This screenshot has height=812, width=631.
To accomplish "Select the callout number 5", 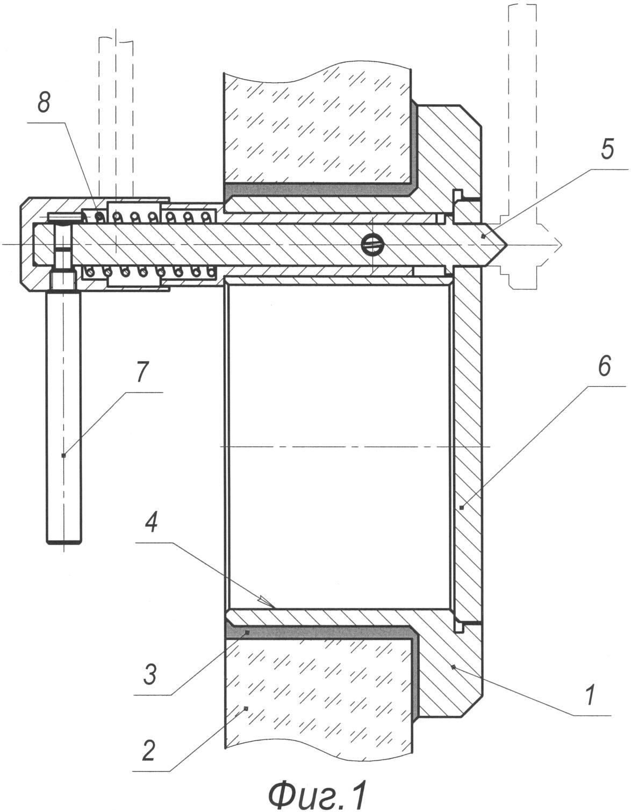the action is pos(607,149).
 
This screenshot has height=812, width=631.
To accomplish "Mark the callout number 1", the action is pos(590,695).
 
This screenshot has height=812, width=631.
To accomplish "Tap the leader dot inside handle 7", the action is pos(63,455).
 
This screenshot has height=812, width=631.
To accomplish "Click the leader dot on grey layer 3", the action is pos(247,632).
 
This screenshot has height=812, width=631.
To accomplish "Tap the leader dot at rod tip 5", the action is pos(483,236).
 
